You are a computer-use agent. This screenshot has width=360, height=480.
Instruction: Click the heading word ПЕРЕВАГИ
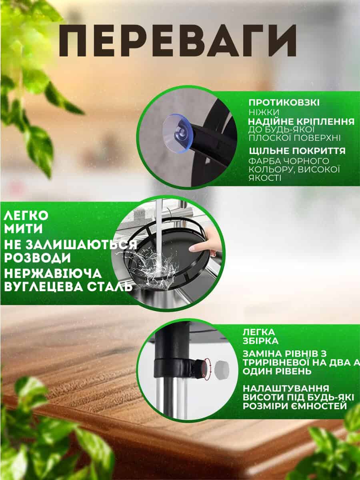177,40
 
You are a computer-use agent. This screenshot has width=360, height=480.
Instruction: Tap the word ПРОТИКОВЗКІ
284,102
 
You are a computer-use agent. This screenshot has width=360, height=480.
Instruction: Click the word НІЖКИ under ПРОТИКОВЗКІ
264,112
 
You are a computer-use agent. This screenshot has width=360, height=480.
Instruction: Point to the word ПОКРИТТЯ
319,151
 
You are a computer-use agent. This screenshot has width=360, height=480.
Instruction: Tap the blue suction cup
178,132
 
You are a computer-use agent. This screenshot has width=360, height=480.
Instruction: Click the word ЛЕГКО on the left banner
26,215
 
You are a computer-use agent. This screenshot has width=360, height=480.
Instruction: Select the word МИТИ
23,229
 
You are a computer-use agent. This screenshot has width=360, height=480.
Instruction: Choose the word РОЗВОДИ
37,258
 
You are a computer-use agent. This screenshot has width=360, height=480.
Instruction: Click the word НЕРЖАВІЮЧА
53,273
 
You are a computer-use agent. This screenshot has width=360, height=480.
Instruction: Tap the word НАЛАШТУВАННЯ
286,388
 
